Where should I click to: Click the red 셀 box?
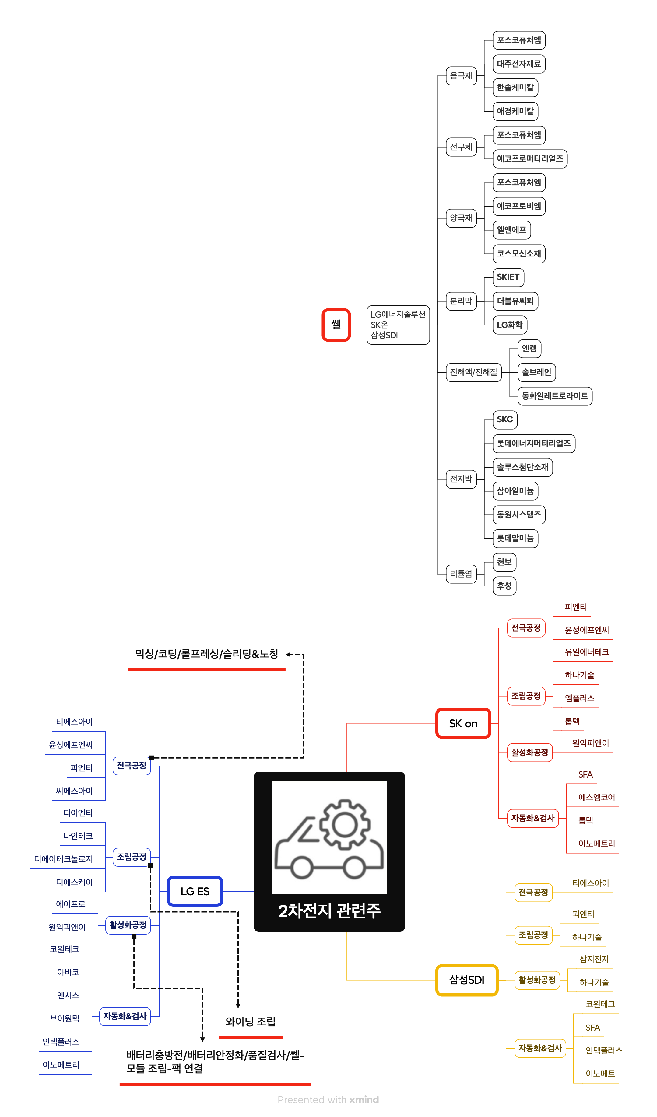pyautogui.click(x=336, y=325)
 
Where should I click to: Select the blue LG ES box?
pyautogui.click(x=195, y=891)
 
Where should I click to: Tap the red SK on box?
pyautogui.click(x=463, y=723)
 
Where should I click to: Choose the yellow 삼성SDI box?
pyautogui.click(x=467, y=980)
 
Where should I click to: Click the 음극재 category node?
pyautogui.click(x=461, y=76)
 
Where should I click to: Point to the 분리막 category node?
pyautogui.click(x=461, y=301)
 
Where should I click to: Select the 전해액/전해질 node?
pyautogui.click(x=473, y=372)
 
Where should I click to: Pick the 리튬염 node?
pyautogui.click(x=461, y=574)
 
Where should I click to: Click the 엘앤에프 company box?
pyautogui.click(x=511, y=230)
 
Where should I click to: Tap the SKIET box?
pyautogui.click(x=508, y=277)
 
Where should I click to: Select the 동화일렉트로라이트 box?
pyautogui.click(x=554, y=396)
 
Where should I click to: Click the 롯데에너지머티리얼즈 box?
pyautogui.click(x=534, y=443)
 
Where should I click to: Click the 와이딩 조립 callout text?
pyautogui.click(x=251, y=1022)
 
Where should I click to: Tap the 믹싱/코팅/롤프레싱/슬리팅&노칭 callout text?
pyautogui.click(x=207, y=654)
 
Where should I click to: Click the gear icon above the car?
pyautogui.click(x=345, y=824)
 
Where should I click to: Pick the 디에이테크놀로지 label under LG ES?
pyautogui.click(x=63, y=859)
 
